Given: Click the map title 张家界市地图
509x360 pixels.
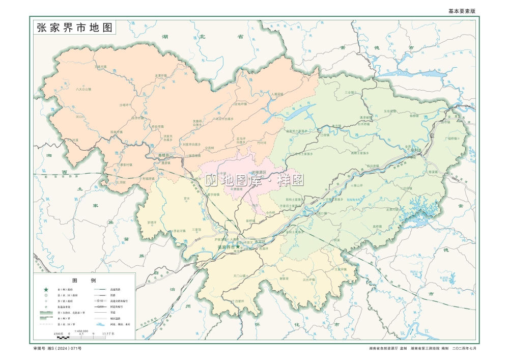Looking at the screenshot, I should click(74, 28).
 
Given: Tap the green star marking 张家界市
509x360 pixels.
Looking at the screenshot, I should click(238, 247).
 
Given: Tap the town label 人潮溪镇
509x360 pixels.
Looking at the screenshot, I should click(279, 94).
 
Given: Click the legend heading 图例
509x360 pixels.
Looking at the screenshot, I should click(84, 281).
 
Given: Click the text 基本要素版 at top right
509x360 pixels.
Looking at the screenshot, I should click(461, 11).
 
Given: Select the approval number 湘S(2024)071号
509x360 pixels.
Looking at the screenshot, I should click(57, 348).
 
